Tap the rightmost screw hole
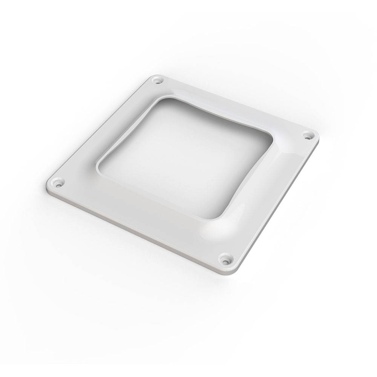[x=308, y=134]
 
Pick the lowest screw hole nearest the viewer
[x=225, y=259]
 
